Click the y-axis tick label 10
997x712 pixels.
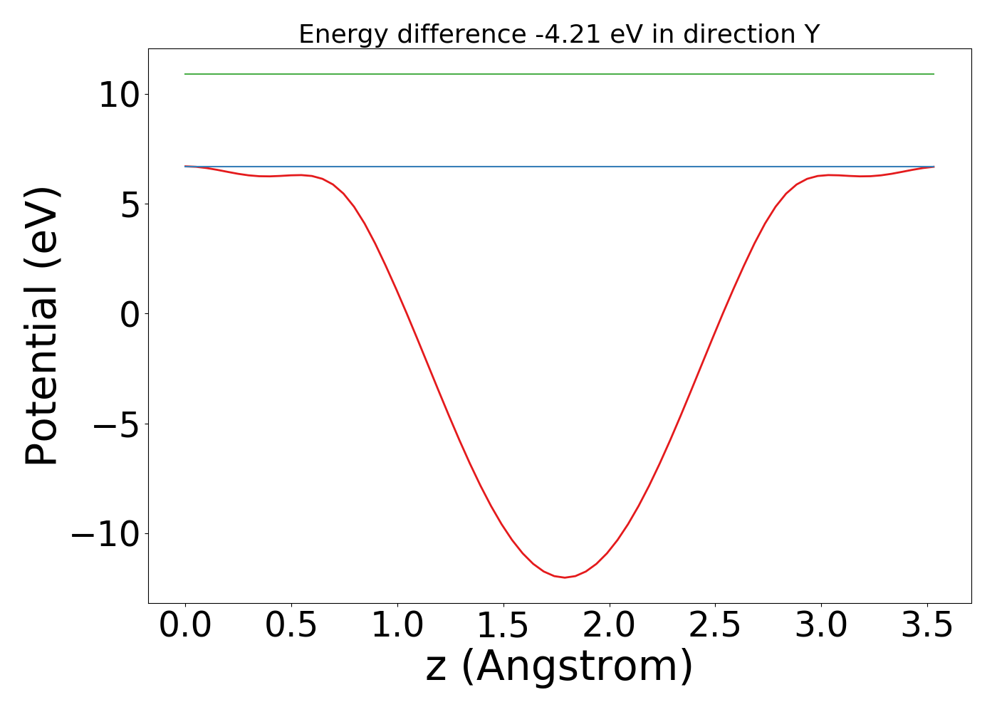click(118, 95)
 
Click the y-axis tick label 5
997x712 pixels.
click(128, 204)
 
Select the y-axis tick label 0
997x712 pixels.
click(128, 314)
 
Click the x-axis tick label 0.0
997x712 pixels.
click(185, 625)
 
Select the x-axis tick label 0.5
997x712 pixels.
click(291, 625)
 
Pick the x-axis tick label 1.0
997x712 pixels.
click(397, 625)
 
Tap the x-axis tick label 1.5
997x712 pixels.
click(503, 625)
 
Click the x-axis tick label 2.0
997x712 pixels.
click(610, 625)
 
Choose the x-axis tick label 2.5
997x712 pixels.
click(715, 625)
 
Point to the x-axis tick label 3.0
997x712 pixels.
click(821, 625)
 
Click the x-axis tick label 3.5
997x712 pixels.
click(926, 625)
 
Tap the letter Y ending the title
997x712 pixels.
click(812, 34)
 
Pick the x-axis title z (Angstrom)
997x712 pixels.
click(559, 667)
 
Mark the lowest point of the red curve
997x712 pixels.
click(565, 577)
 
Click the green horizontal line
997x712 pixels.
click(559, 74)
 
